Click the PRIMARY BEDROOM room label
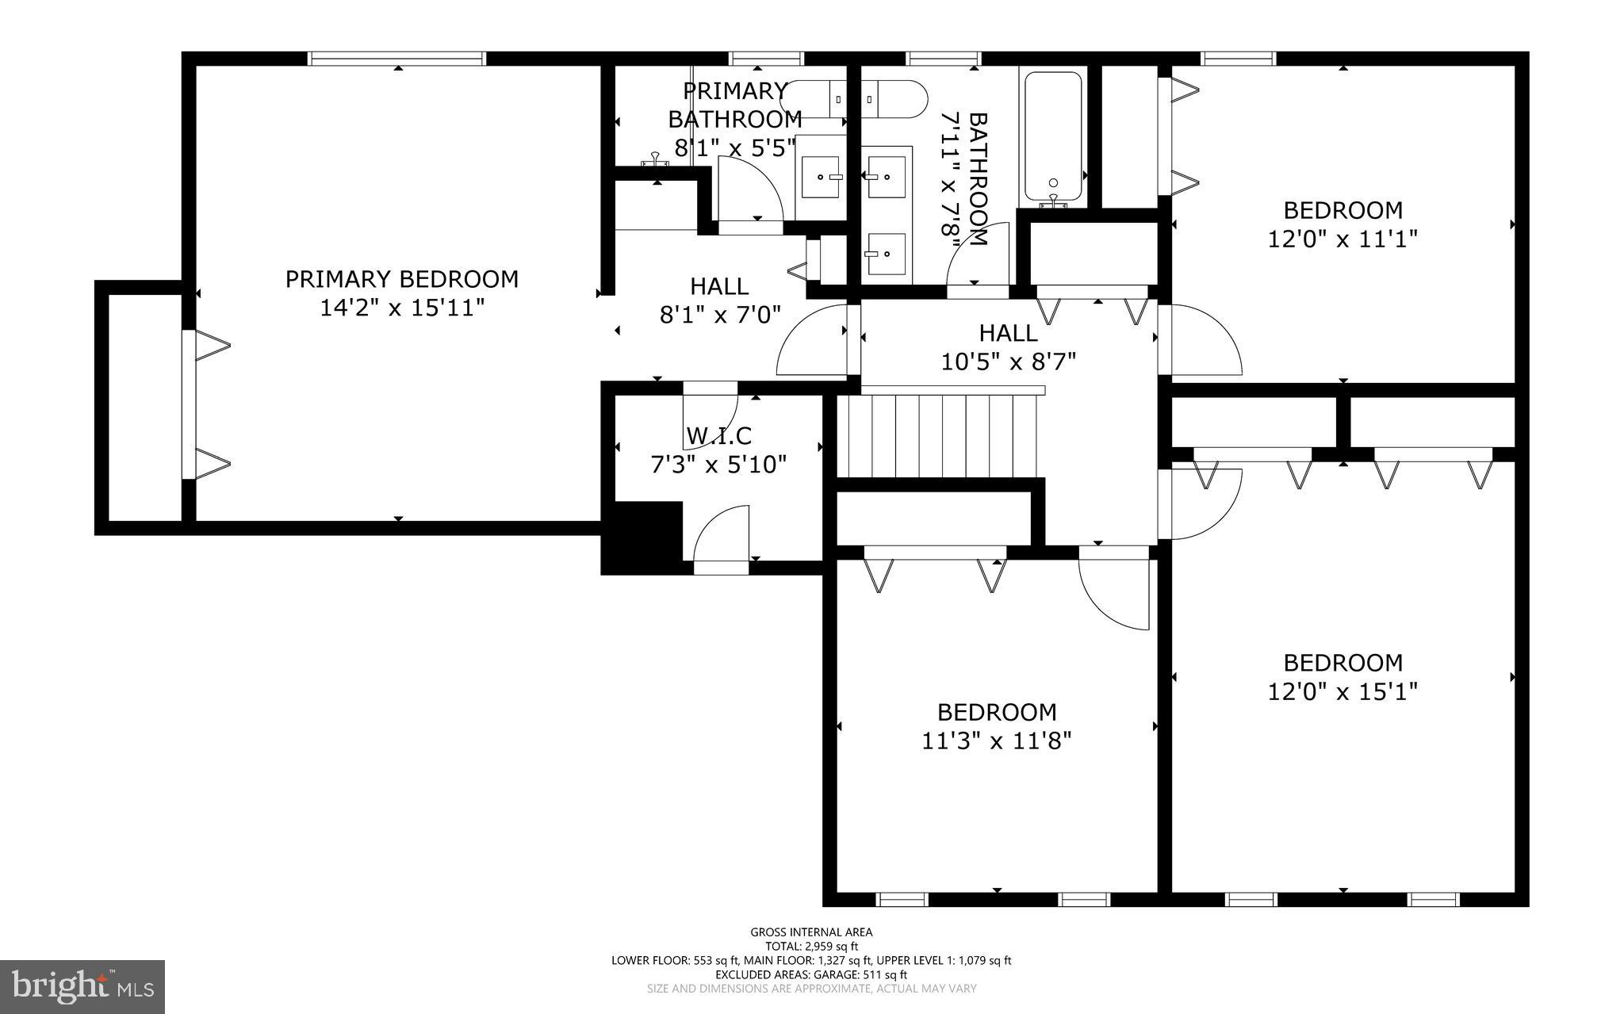[401, 279]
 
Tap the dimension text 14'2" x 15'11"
[401, 308]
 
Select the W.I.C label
[718, 435]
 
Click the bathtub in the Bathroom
[1052, 136]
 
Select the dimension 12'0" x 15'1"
[1342, 691]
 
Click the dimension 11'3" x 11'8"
[996, 740]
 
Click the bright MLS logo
[82, 986]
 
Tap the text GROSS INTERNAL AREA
[811, 932]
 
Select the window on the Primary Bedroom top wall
[396, 58]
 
